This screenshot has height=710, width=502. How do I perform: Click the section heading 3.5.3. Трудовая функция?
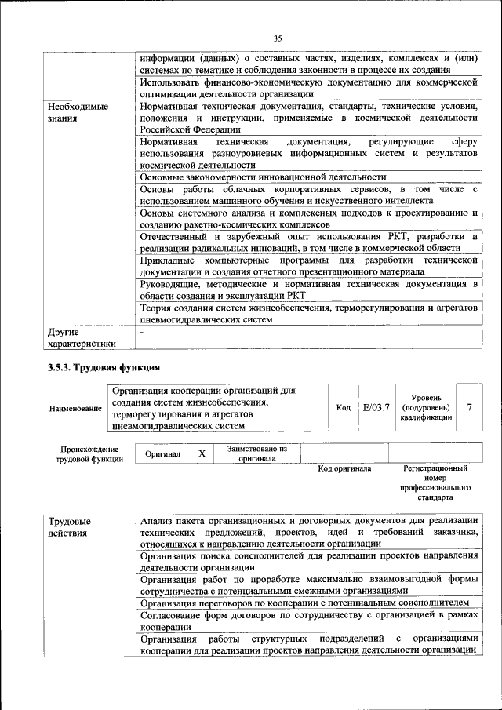click(x=104, y=366)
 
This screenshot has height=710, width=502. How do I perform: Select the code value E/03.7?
click(x=376, y=407)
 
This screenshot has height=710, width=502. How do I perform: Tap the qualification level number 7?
click(x=469, y=407)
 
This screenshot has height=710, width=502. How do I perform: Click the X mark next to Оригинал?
click(x=202, y=453)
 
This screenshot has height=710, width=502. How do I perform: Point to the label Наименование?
click(x=75, y=409)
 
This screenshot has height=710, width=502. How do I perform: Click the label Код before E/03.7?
click(x=344, y=408)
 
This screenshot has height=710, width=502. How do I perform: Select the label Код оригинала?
click(x=344, y=468)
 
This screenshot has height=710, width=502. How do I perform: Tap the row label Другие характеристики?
click(x=82, y=337)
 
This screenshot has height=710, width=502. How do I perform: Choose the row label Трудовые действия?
click(x=69, y=528)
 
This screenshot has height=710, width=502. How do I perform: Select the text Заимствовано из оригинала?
click(x=257, y=453)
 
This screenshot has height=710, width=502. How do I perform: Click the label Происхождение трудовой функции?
click(x=88, y=454)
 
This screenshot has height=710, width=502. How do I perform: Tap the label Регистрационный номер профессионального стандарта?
click(x=435, y=482)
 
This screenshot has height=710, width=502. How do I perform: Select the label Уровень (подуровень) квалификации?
click(x=426, y=407)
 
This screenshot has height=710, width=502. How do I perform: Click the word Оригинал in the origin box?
click(x=162, y=454)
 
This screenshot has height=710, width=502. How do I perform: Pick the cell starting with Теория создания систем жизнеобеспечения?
click(x=308, y=314)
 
